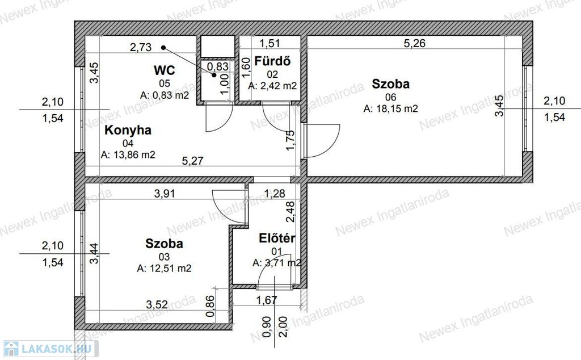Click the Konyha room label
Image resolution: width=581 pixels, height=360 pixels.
pyautogui.click(x=128, y=131)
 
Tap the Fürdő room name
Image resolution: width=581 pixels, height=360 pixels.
pyautogui.click(x=272, y=61)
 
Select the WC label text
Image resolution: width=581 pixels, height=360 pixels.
pyautogui.click(x=164, y=70)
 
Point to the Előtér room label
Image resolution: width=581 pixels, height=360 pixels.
pyautogui.click(x=277, y=238)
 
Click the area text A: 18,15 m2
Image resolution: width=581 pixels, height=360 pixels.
pyautogui.click(x=390, y=108)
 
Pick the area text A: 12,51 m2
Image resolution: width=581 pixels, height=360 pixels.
pyautogui.click(x=164, y=269)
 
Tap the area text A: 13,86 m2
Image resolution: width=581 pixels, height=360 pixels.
pyautogui.click(x=128, y=155)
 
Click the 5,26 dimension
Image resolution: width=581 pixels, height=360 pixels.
pyautogui.click(x=414, y=43)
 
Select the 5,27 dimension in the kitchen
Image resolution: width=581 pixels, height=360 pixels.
pyautogui.click(x=193, y=161)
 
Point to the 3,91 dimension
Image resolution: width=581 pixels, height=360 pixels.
pyautogui.click(x=165, y=194)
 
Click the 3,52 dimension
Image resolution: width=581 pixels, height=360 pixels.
pyautogui.click(x=157, y=305)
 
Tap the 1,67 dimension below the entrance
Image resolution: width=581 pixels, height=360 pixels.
pyautogui.click(x=267, y=300)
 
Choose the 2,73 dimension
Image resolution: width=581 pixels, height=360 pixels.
pyautogui.click(x=141, y=48)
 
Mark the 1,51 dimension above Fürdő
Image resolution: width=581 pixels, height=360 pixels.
pyautogui.click(x=270, y=43)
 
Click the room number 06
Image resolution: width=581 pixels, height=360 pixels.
pyautogui.click(x=390, y=97)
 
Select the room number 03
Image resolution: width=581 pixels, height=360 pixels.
pyautogui.click(x=164, y=257)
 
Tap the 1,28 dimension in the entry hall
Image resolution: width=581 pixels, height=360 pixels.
pyautogui.click(x=275, y=194)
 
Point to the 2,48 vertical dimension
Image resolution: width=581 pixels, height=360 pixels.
pyautogui.click(x=290, y=212)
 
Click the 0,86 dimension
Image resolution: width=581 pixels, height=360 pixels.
pyautogui.click(x=210, y=306)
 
